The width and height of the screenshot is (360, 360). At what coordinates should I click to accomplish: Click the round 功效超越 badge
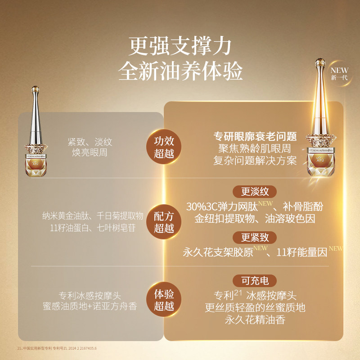(x=164, y=147)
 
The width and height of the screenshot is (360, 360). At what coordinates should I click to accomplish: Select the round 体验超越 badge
(x=164, y=300)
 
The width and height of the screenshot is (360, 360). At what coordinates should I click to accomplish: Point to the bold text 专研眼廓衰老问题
(x=255, y=136)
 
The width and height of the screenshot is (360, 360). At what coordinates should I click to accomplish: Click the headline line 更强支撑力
(x=180, y=46)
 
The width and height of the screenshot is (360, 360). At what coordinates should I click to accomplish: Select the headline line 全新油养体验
(x=180, y=71)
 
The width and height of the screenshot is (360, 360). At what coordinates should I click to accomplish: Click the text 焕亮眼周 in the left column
(x=90, y=153)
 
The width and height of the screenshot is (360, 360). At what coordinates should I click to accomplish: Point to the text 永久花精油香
(x=255, y=320)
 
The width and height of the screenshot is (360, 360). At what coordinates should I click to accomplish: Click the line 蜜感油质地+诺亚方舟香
(x=90, y=306)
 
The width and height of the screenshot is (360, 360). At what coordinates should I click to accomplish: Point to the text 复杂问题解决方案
(x=255, y=160)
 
